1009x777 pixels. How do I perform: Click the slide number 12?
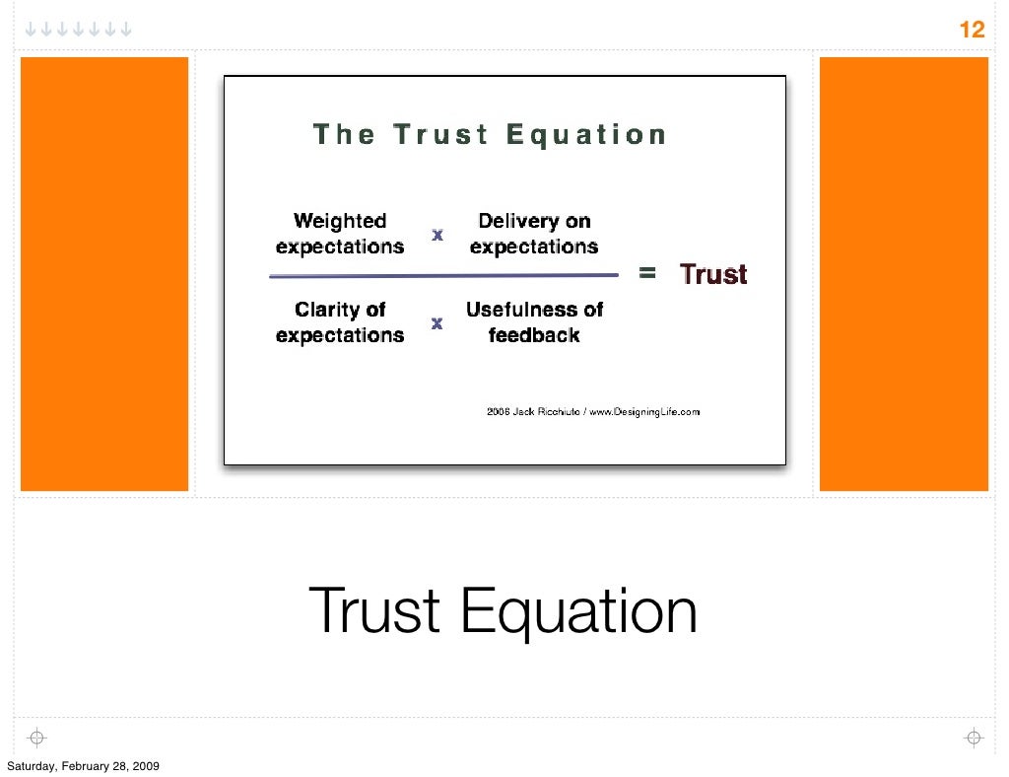972,30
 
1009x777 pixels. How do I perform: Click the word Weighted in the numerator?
340,221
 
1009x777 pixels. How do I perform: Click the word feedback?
534,335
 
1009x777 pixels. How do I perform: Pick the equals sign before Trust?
647,274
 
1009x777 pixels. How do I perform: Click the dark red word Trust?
713,274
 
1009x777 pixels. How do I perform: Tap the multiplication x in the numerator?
437,235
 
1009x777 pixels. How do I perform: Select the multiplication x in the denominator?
437,323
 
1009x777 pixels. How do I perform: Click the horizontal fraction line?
443,276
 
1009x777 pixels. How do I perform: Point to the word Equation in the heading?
586,134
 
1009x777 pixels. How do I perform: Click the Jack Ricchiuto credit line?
593,412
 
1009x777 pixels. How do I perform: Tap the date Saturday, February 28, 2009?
83,766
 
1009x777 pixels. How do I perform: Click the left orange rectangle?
104,273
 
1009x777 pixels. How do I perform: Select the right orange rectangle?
904,273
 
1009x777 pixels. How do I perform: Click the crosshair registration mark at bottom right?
973,738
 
